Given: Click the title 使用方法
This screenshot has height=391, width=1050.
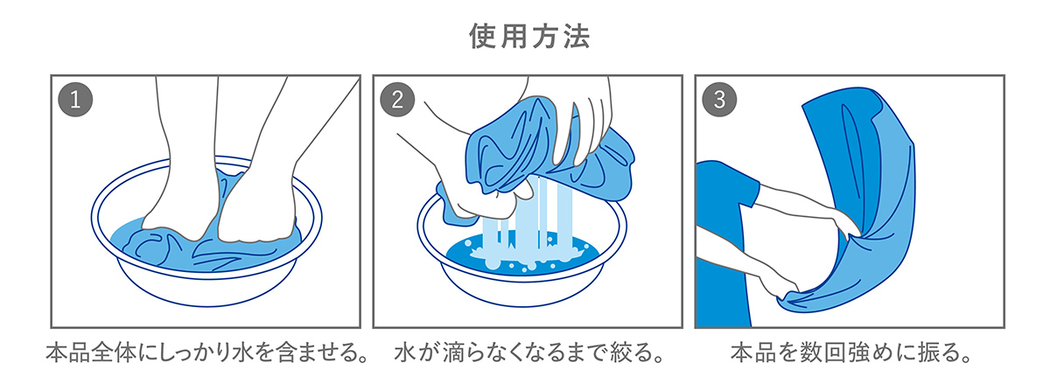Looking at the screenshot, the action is coord(529,36).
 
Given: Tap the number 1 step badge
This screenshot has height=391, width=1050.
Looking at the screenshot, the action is coord(75,100).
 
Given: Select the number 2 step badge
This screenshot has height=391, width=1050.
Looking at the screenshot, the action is coord(397,100).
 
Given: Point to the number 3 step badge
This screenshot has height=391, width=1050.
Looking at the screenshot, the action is coord(719,100).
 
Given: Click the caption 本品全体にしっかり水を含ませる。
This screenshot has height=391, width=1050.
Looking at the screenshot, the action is coord(206,353).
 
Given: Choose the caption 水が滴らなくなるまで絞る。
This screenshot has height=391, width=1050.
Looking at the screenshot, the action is coord(528,353).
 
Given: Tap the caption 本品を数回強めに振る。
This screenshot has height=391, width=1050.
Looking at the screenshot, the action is coord(850,353).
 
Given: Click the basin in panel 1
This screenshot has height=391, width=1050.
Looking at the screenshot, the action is coord(206,282).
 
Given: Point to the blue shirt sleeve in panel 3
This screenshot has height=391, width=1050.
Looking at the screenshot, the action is coord(731,183).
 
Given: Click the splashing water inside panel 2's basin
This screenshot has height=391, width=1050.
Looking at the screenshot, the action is coord(521,258).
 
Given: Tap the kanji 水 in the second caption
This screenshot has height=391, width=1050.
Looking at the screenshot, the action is coord(405,353).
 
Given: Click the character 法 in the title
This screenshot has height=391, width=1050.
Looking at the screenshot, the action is coord(577,36).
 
